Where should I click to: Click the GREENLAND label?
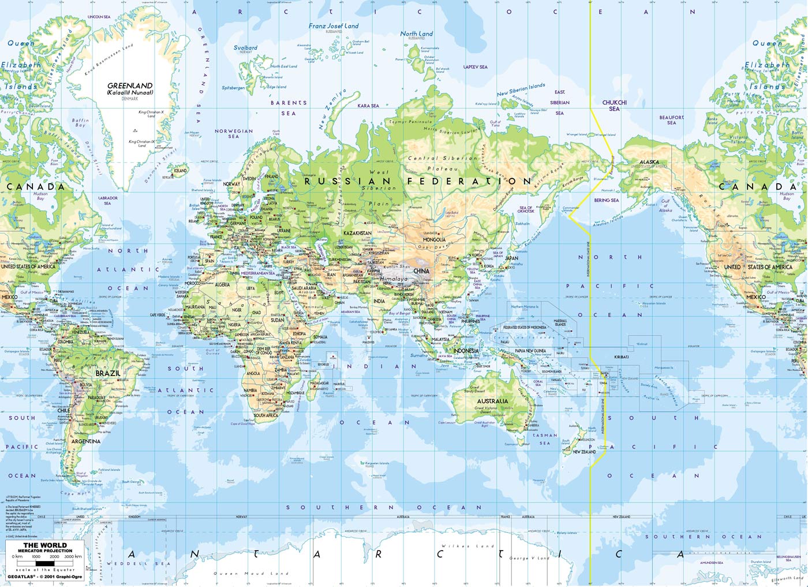[x=130, y=86]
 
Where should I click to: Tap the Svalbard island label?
[x=245, y=48]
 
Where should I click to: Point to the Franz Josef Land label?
[x=334, y=26]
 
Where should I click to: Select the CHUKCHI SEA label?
[x=614, y=106]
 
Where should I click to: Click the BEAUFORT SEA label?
[x=671, y=120]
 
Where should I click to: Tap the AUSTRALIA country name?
[x=492, y=401]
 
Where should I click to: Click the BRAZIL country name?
[x=108, y=373]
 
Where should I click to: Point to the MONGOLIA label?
[x=433, y=240]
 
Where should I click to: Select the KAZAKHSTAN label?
[x=357, y=233]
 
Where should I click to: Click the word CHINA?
[x=421, y=270]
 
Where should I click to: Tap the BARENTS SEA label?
[x=289, y=108]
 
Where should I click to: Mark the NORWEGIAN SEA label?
[x=234, y=133]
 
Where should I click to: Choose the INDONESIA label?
[x=466, y=351]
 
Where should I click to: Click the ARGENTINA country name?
[x=86, y=441]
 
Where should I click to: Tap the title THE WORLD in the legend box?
[x=45, y=545]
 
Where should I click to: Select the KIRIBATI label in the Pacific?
[x=622, y=357]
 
